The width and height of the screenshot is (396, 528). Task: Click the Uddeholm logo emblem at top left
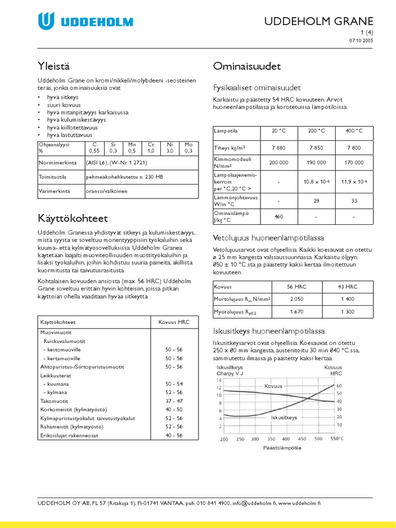pyautogui.click(x=46, y=21)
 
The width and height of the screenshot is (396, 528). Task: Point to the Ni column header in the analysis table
pyautogui.click(x=170, y=145)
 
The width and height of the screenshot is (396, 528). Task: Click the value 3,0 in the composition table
pyautogui.click(x=170, y=151)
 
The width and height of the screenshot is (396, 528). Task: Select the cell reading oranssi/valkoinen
pyautogui.click(x=107, y=191)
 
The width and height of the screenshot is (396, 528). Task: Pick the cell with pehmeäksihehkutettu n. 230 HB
pyautogui.click(x=124, y=176)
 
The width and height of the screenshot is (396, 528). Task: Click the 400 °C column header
pyautogui.click(x=354, y=131)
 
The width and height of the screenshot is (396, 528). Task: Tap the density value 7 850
pyautogui.click(x=316, y=148)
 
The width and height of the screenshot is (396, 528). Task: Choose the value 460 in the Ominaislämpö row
pyautogui.click(x=278, y=217)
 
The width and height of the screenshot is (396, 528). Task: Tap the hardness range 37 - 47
pyautogui.click(x=174, y=401)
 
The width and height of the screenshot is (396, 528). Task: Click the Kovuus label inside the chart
pyautogui.click(x=273, y=386)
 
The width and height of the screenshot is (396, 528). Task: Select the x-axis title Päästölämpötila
pyautogui.click(x=282, y=448)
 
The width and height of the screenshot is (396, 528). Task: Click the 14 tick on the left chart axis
pyautogui.click(x=219, y=379)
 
